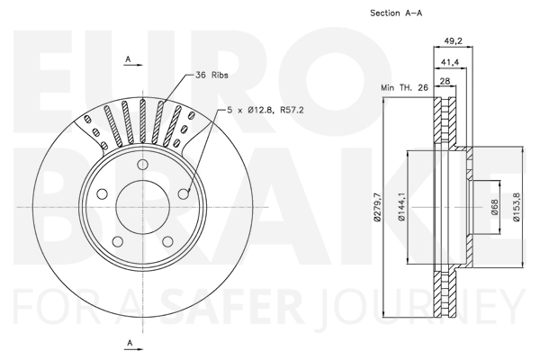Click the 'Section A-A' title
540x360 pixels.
tap(396, 13)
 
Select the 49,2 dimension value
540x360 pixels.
tap(453, 41)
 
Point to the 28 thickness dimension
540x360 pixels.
tap(445, 81)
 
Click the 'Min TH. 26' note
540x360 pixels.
tap(404, 87)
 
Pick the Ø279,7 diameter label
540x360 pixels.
tap(378, 207)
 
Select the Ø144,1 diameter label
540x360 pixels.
tap(401, 207)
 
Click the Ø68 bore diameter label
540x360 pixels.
tap(495, 207)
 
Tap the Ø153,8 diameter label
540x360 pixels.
tap(517, 207)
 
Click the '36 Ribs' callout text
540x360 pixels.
tap(211, 75)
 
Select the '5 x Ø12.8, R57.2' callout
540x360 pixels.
tap(265, 110)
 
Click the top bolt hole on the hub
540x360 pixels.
tap(142, 165)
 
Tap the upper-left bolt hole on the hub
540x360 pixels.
tap(102, 194)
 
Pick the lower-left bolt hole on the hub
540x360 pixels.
tap(118, 241)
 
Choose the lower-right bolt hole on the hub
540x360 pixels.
tap(167, 241)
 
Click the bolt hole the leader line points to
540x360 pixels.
tap(184, 194)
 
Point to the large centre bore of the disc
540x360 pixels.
tap(142, 207)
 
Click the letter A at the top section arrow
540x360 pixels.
tap(128, 59)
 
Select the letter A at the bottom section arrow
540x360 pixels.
tap(130, 343)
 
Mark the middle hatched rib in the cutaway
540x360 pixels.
tap(142, 121)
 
